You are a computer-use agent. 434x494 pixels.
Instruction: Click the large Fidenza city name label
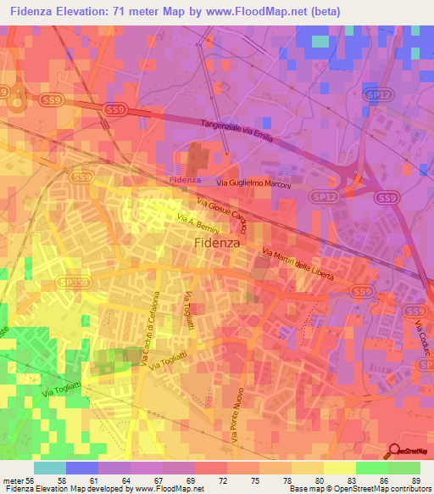[218, 241]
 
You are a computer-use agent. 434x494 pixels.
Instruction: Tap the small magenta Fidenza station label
[184, 181]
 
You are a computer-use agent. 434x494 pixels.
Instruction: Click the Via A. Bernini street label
[199, 225]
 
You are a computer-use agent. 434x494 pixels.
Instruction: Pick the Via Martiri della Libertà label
[298, 266]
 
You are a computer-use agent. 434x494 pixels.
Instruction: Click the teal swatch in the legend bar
[50, 468]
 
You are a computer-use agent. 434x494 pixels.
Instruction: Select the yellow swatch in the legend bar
[339, 468]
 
